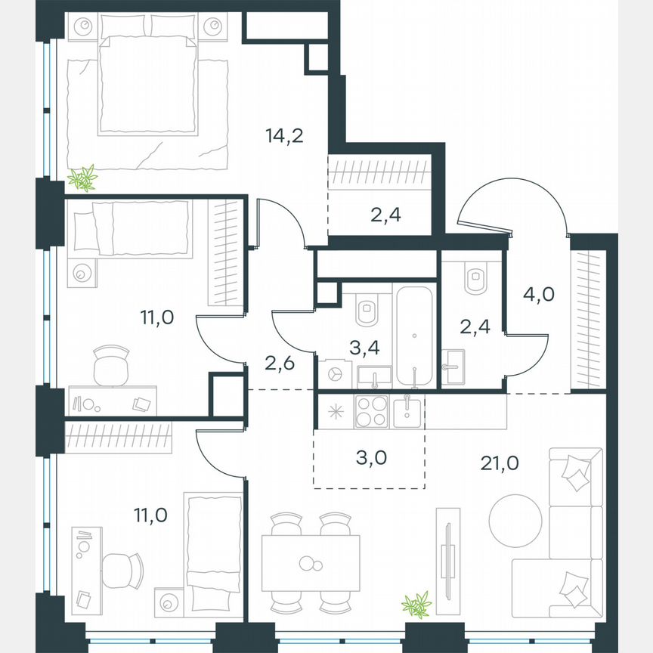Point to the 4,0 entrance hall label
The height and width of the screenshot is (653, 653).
(539, 293)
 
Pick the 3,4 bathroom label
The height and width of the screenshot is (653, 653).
(364, 348)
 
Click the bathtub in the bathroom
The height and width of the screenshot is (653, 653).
(415, 336)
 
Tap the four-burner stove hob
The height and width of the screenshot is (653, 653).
(370, 411)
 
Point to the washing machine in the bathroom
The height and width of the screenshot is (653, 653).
(333, 373)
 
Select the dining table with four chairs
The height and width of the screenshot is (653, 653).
(312, 563)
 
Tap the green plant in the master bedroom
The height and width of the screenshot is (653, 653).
(83, 178)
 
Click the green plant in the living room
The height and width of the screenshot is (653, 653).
(416, 605)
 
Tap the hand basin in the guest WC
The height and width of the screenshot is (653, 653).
(456, 369)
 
